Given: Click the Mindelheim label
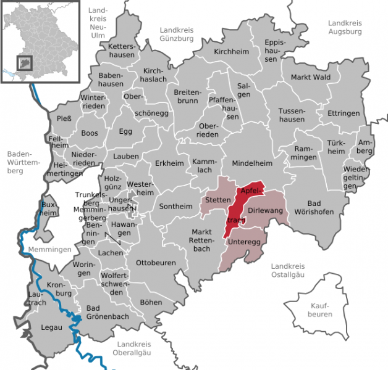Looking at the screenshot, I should tap(251, 164).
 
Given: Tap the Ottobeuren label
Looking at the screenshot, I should tap(156, 262).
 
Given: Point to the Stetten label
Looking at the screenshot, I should tap(217, 200).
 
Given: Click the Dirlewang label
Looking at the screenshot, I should tap(264, 211).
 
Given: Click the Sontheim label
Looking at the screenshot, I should tap(176, 207).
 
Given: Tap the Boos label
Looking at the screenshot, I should tap(90, 133).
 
